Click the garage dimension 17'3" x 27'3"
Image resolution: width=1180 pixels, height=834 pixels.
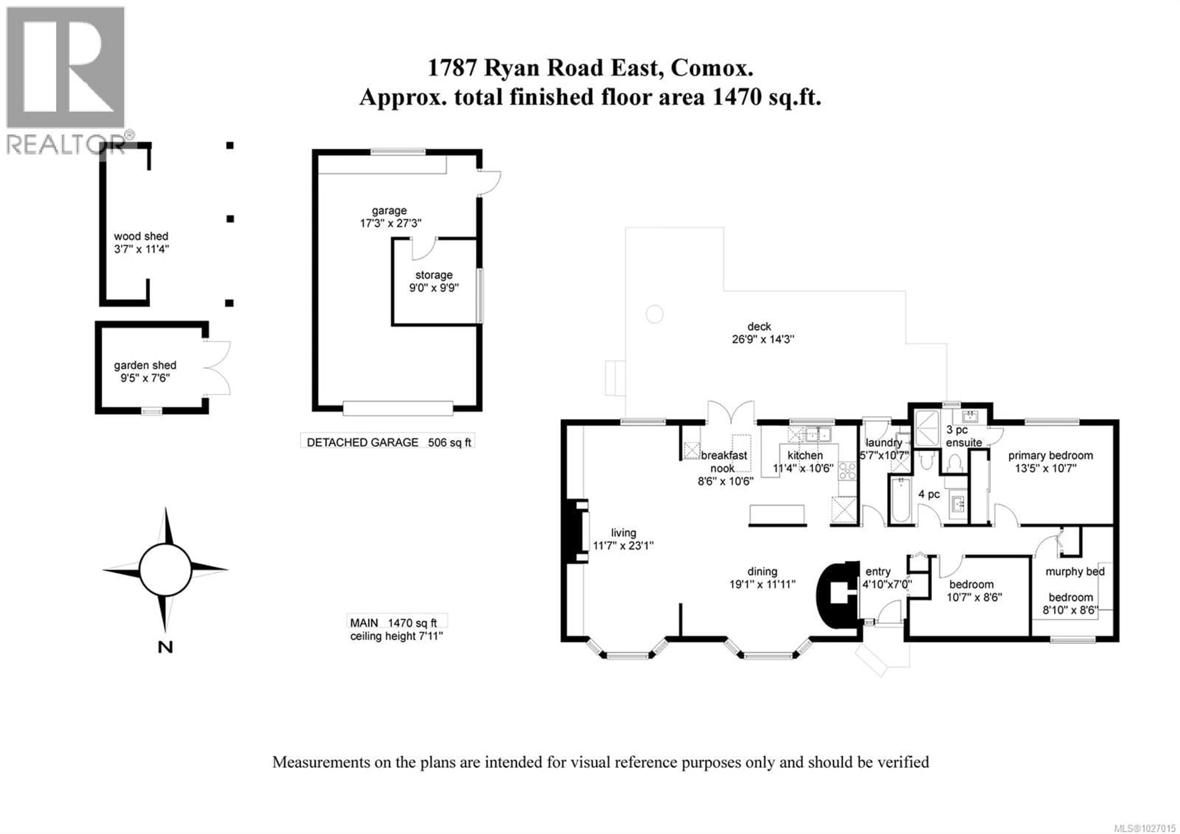[390, 223]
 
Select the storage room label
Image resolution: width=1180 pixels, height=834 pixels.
[434, 275]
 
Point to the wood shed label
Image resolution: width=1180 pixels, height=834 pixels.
[141, 236]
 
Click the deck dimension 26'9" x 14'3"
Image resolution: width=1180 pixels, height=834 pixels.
[763, 340]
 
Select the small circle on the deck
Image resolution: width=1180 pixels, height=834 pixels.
[654, 314]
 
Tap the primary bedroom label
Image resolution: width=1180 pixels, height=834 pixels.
[1050, 455]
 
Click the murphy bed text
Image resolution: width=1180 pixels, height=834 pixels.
[1075, 571]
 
